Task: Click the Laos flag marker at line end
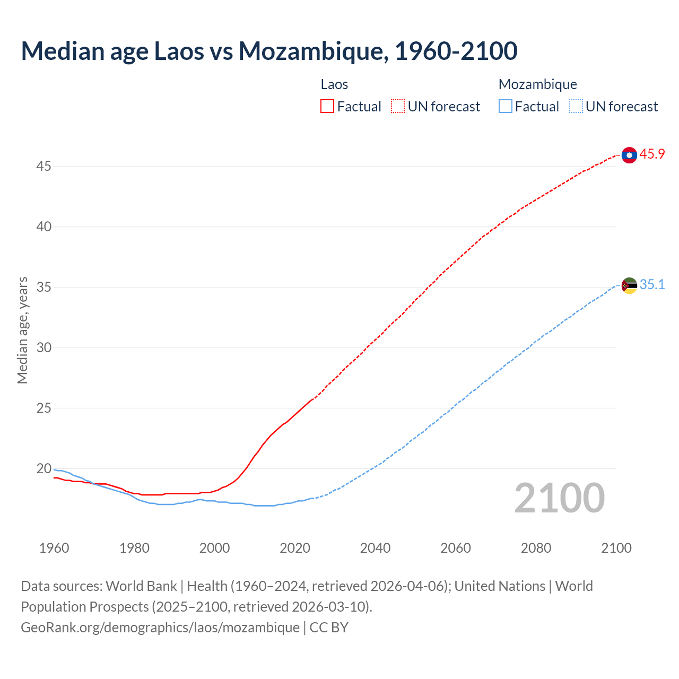click(629, 155)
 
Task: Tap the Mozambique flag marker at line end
click(629, 285)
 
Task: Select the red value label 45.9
click(652, 154)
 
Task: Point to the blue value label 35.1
click(652, 285)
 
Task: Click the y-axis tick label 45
click(43, 166)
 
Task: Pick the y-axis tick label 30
click(43, 347)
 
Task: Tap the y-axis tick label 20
click(43, 468)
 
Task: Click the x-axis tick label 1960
click(54, 548)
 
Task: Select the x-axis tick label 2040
click(375, 548)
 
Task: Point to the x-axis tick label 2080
click(536, 548)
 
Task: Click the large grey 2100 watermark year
click(560, 498)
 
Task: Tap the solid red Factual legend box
click(327, 107)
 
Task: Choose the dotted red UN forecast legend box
click(398, 107)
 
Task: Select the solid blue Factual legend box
click(505, 107)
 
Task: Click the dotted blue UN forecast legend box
click(576, 107)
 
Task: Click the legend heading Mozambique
click(537, 84)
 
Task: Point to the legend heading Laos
click(334, 84)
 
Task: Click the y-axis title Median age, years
click(22, 330)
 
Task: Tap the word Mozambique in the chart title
click(310, 51)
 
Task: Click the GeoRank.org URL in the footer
click(160, 627)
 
